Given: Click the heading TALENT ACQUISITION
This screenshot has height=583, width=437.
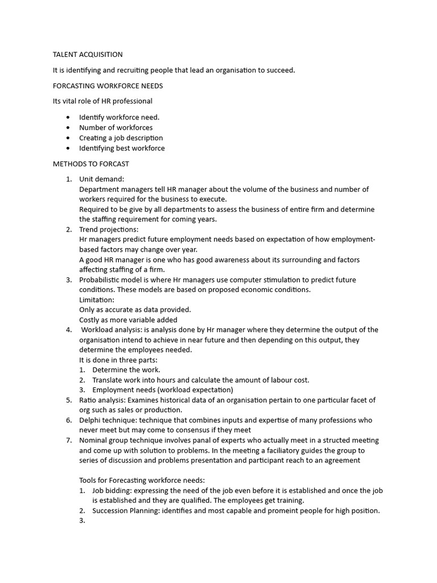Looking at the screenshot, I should coord(88,55).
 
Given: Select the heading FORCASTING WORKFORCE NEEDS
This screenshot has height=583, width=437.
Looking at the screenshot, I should coord(108,86).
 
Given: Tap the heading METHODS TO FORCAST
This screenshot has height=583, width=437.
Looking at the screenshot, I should coord(91,164).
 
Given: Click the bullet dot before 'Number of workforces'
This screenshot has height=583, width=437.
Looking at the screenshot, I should coord(68,128).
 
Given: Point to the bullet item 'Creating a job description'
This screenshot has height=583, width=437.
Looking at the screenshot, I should coord(121,138).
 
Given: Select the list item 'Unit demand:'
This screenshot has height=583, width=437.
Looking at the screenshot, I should coord(101,179).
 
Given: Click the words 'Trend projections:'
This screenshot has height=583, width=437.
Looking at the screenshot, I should coord(109,229).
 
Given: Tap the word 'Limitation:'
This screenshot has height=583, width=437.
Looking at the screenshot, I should coord(97,299).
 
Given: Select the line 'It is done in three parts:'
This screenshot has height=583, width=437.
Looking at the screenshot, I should coord(118,360).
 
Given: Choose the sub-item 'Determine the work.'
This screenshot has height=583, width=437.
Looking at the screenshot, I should coord(126,370).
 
